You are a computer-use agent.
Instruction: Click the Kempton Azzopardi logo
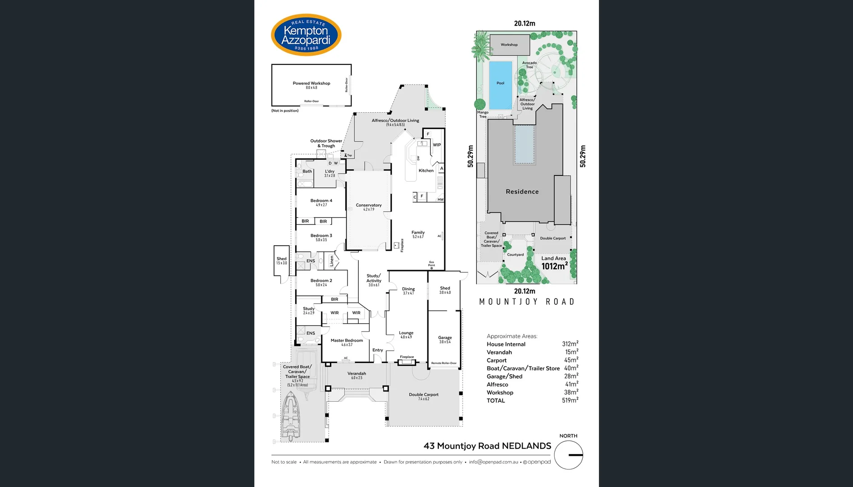tap(306, 35)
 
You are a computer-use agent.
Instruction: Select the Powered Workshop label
tap(311, 84)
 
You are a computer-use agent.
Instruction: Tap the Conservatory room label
tap(369, 206)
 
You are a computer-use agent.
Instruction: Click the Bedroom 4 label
tap(321, 201)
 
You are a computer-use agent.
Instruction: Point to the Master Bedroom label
tap(347, 341)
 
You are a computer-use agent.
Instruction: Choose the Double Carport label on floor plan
tap(423, 395)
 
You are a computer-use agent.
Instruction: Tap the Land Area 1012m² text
tap(554, 263)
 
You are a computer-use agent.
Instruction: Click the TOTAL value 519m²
tap(570, 400)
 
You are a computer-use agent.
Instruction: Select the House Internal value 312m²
tap(570, 344)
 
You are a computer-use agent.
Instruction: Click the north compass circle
tap(568, 455)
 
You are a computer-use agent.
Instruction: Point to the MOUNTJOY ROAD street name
tap(526, 302)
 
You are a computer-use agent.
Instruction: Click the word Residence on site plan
tap(522, 192)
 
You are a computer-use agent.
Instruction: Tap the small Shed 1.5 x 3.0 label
tap(281, 260)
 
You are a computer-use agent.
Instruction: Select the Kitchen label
tap(426, 170)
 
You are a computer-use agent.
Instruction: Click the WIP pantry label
tap(436, 145)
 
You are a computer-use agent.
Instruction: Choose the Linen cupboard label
tap(332, 261)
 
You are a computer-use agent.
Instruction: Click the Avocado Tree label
tap(529, 65)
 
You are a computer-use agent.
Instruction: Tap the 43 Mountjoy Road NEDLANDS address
tap(487, 446)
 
